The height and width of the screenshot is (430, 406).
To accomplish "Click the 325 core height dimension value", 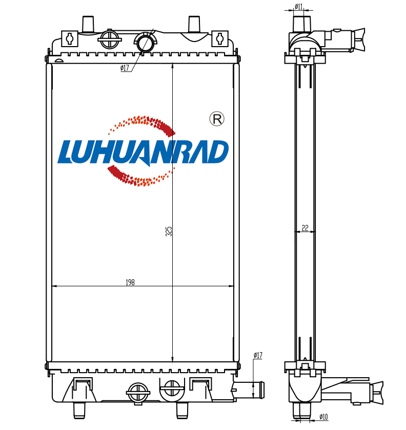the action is (x=169, y=231).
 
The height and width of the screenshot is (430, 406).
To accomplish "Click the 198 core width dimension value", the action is (x=130, y=282).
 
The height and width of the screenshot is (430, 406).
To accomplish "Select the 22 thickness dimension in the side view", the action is (x=305, y=228).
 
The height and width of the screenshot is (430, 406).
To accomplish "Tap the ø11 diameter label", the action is (x=298, y=6).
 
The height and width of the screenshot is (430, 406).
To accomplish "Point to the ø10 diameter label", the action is (x=323, y=417).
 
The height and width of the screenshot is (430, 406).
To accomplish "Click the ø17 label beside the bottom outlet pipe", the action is (x=258, y=355).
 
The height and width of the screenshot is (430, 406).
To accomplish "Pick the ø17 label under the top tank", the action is (x=125, y=68).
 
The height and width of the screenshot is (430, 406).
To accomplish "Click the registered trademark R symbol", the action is (x=217, y=119).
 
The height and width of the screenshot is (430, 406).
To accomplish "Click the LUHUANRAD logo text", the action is (x=143, y=152).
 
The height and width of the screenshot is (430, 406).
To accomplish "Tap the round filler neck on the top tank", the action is (x=146, y=42).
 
